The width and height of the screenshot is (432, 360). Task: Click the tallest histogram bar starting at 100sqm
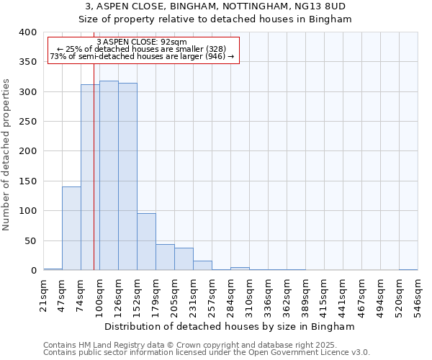click(x=109, y=176)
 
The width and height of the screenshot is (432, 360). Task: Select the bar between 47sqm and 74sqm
click(x=71, y=228)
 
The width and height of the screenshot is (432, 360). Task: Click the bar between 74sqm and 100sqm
click(x=90, y=177)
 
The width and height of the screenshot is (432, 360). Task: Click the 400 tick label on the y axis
click(x=27, y=32)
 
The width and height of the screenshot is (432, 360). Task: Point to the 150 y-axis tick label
click(x=27, y=181)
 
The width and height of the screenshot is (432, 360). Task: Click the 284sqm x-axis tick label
click(x=230, y=295)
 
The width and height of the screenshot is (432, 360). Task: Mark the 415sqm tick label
click(x=324, y=295)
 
